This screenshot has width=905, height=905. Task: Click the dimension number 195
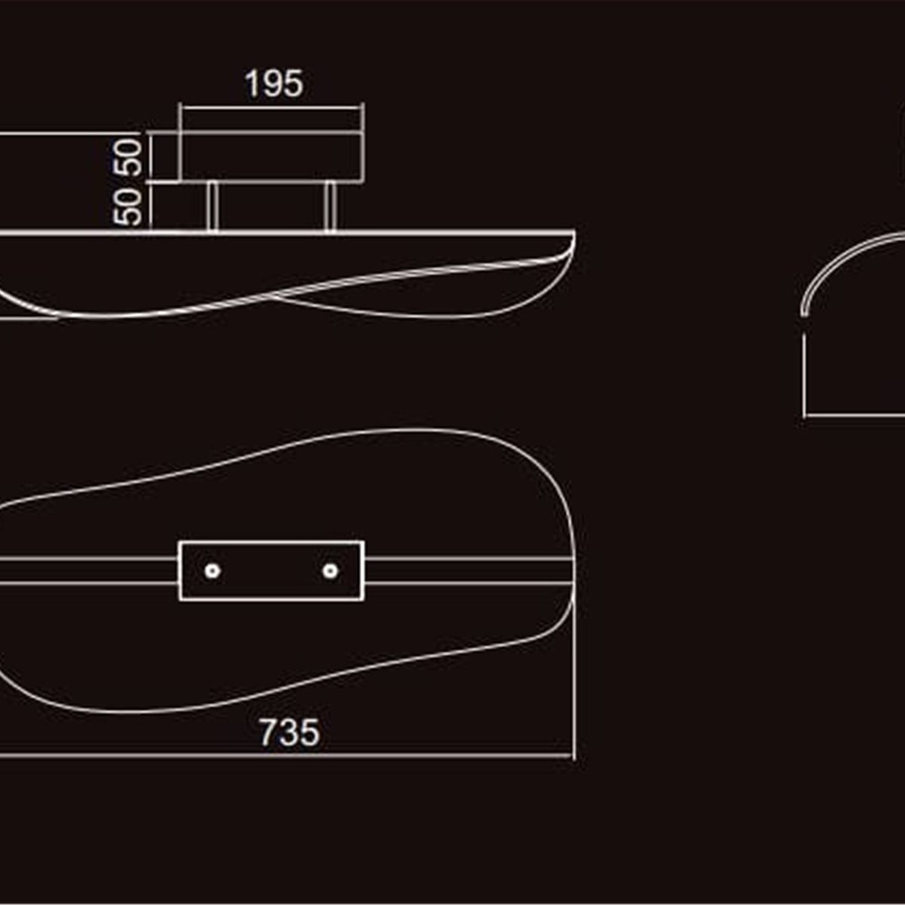tap(275, 84)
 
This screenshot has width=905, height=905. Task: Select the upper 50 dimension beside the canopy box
tap(127, 158)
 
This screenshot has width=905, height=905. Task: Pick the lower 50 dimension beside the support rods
tap(127, 207)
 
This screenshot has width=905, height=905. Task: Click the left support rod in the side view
tap(212, 207)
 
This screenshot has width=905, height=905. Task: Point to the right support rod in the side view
tap(330, 207)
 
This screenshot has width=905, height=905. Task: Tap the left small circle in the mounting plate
tap(212, 571)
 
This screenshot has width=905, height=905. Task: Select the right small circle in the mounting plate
tap(330, 571)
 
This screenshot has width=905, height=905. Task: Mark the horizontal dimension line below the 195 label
tap(272, 108)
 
